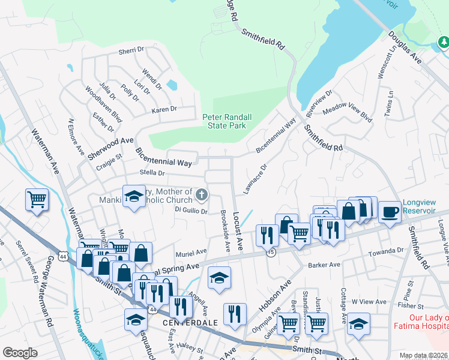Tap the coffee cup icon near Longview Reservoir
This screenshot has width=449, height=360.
(x=390, y=212)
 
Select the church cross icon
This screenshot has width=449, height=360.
(x=202, y=195)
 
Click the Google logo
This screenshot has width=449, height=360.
(x=20, y=353)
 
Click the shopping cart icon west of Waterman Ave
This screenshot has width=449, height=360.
(x=37, y=200)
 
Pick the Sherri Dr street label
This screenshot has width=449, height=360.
(x=132, y=52)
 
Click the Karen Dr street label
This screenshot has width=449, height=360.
(x=164, y=109)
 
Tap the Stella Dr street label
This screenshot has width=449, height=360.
(x=152, y=173)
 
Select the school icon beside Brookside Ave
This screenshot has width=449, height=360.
(x=219, y=278)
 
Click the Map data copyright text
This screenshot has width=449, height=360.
(x=423, y=355)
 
